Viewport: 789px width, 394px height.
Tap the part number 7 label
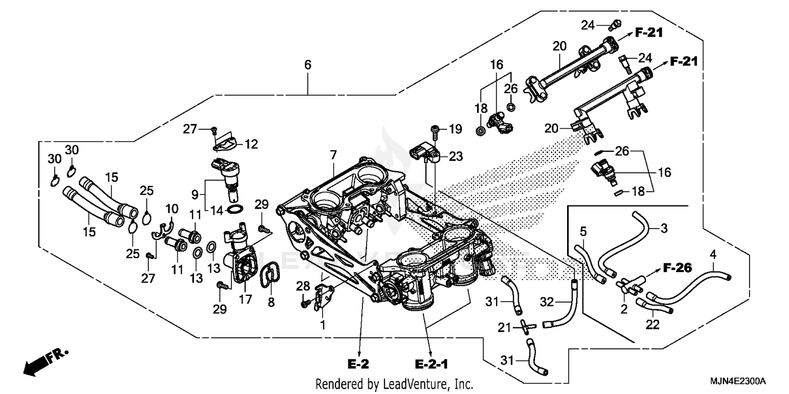point(333,155)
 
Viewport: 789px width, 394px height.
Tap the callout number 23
point(456,156)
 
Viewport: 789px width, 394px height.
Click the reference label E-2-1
point(430,364)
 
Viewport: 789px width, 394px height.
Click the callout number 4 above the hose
point(713,255)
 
